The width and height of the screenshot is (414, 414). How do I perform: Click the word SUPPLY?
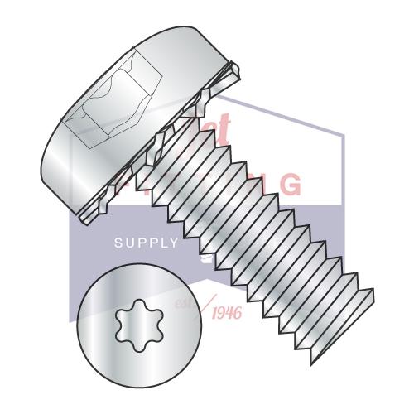(147, 243)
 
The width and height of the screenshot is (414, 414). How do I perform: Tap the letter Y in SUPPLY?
(173, 243)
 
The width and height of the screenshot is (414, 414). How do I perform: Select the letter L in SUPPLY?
(162, 243)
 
